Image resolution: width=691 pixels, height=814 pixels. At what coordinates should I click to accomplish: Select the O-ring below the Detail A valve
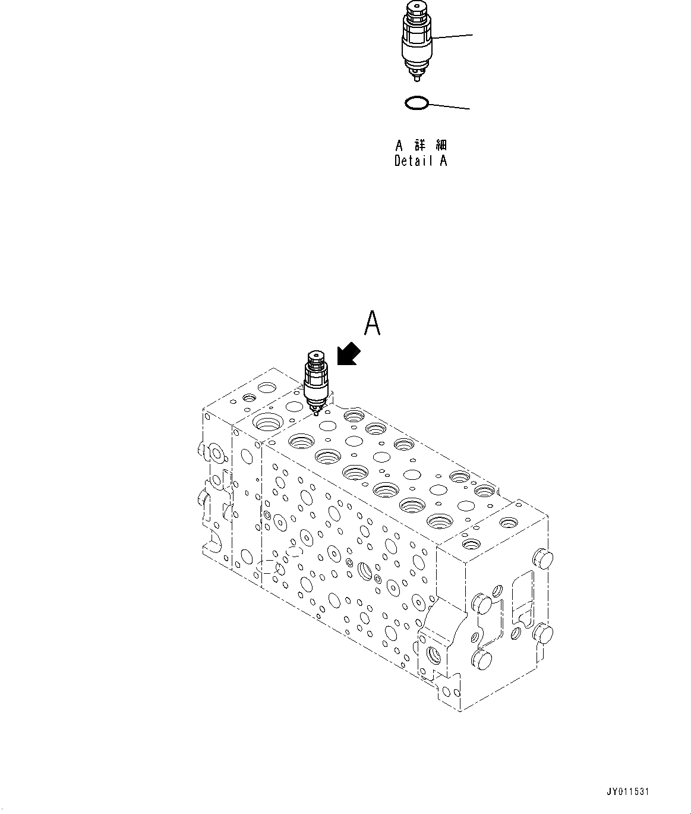tap(417, 103)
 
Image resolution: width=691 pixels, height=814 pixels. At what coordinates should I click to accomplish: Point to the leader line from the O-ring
tap(449, 107)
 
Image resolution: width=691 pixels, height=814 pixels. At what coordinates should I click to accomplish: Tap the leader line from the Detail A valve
tap(453, 36)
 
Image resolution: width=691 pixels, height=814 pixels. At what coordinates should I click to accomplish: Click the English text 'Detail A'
tap(421, 161)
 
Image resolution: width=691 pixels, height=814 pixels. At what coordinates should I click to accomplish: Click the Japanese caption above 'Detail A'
tap(421, 145)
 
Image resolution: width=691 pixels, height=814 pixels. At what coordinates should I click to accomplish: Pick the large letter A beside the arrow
tap(372, 325)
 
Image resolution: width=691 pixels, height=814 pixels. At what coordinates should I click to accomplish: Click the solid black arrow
tap(348, 354)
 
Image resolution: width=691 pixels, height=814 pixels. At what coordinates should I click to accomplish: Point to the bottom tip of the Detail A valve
tap(417, 77)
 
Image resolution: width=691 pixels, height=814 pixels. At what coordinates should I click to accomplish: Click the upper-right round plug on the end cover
tap(544, 559)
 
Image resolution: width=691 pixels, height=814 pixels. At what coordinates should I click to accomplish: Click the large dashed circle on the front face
tap(271, 568)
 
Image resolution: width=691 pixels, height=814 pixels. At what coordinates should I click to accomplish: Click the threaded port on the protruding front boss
tap(433, 655)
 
